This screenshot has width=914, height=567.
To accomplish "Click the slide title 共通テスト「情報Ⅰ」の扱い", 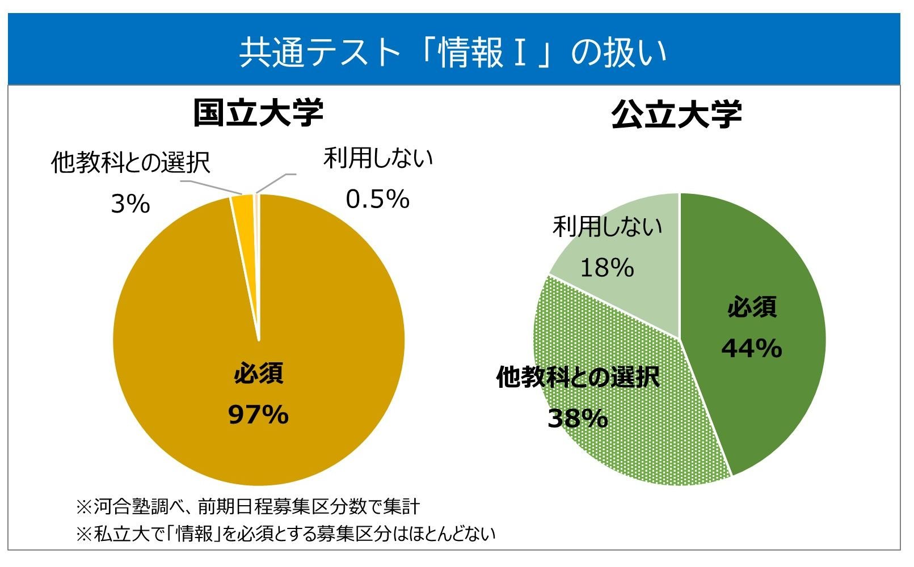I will click(x=453, y=52).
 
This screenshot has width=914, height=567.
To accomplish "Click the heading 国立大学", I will click(x=258, y=112).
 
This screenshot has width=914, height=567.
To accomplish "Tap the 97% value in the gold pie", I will click(x=258, y=415).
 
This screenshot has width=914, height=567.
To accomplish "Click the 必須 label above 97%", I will click(x=258, y=374).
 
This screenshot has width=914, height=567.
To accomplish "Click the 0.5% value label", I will click(x=377, y=199).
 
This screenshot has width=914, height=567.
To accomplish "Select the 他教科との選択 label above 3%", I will click(x=130, y=163).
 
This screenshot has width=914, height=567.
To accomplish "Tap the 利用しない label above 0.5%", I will click(x=378, y=158).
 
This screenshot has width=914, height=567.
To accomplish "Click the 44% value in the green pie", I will click(x=752, y=348).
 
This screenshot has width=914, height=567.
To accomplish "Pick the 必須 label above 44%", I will click(x=752, y=307).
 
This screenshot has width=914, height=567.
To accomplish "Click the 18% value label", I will click(x=607, y=268).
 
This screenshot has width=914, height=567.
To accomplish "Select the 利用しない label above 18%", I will click(x=607, y=227).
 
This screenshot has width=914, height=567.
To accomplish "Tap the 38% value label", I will click(x=578, y=418).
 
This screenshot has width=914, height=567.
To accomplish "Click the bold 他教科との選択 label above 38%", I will click(x=578, y=377).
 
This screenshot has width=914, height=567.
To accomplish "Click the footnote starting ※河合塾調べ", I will click(x=248, y=506).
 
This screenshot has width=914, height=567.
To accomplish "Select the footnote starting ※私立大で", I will click(x=285, y=534).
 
